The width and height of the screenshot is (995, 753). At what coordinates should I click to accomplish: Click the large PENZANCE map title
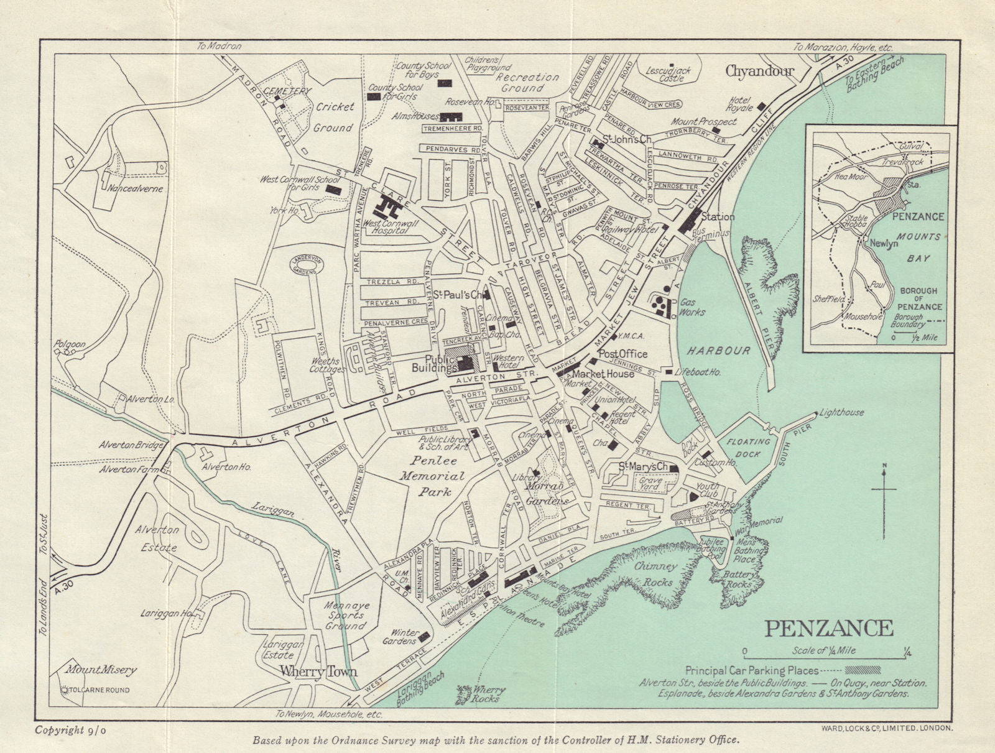[x=828, y=628]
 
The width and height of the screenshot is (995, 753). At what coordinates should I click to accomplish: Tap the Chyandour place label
[x=760, y=72]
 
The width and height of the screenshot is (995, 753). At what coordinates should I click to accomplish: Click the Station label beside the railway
[x=718, y=217]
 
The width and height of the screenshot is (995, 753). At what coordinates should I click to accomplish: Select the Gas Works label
[x=693, y=307]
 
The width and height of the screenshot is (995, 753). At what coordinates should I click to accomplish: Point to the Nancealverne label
[x=134, y=188]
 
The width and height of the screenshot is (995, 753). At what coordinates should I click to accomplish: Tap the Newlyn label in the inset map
[x=884, y=244]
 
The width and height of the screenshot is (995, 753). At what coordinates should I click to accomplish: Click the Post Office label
[x=622, y=354]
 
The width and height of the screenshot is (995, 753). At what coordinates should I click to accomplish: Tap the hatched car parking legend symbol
[x=863, y=670]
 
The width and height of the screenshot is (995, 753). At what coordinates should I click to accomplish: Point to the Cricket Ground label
[x=334, y=117]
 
